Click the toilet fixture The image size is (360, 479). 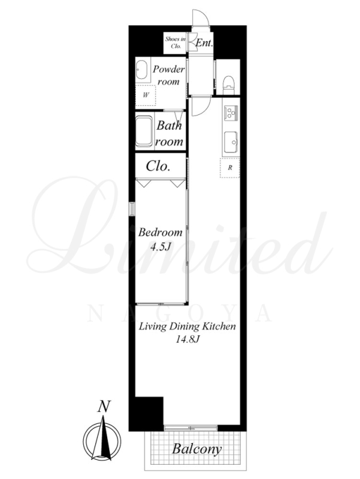[x=228, y=86]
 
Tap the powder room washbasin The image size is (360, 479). [x=141, y=70]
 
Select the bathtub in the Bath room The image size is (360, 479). [x=144, y=132]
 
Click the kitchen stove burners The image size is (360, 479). [x=231, y=113]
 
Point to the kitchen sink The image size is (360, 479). [x=231, y=143]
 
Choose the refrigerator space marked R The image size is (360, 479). [x=230, y=168]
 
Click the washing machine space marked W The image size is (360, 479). [x=146, y=95]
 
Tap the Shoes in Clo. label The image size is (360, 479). [x=176, y=43]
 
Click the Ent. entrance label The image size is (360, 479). [x=204, y=43]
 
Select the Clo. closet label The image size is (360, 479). [x=158, y=166]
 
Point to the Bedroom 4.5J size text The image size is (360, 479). [x=160, y=247]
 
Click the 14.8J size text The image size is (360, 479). [x=187, y=339]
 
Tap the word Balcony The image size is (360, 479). [x=196, y=449]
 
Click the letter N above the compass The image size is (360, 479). [x=104, y=407]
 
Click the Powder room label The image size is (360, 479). [x=169, y=75]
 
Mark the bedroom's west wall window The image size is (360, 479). [x=132, y=209]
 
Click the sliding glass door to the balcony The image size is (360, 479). [x=190, y=428]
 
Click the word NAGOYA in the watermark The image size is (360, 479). [x=180, y=313]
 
